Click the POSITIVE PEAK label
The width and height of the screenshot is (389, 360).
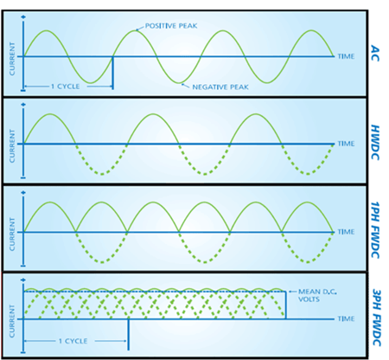(x=171, y=26)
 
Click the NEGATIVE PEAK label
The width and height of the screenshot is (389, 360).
(x=220, y=87)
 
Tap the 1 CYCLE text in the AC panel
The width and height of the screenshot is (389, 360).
(x=66, y=87)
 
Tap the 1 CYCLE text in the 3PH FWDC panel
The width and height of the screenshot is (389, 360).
(x=73, y=341)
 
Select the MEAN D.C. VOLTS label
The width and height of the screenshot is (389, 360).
(x=317, y=295)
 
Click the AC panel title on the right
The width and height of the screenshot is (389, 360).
(x=375, y=53)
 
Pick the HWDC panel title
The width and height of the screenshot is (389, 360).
(x=375, y=142)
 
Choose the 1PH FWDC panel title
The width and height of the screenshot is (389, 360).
(x=375, y=230)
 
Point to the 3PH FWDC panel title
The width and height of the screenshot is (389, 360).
(x=377, y=318)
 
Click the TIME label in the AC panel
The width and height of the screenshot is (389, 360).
(x=346, y=56)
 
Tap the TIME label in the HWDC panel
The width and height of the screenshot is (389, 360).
(x=346, y=144)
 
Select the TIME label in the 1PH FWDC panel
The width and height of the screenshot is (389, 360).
(x=346, y=232)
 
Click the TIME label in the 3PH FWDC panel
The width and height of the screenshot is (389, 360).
(x=346, y=318)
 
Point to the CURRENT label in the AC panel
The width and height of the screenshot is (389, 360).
(x=12, y=59)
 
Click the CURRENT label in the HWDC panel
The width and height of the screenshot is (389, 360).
(x=12, y=146)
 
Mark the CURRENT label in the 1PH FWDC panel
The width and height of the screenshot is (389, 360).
(x=12, y=235)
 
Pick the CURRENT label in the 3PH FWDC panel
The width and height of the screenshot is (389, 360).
(x=12, y=321)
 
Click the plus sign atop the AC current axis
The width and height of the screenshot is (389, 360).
(x=23, y=17)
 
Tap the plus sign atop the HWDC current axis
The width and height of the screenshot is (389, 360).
(x=23, y=105)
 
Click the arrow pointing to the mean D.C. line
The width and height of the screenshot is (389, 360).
(x=292, y=292)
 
